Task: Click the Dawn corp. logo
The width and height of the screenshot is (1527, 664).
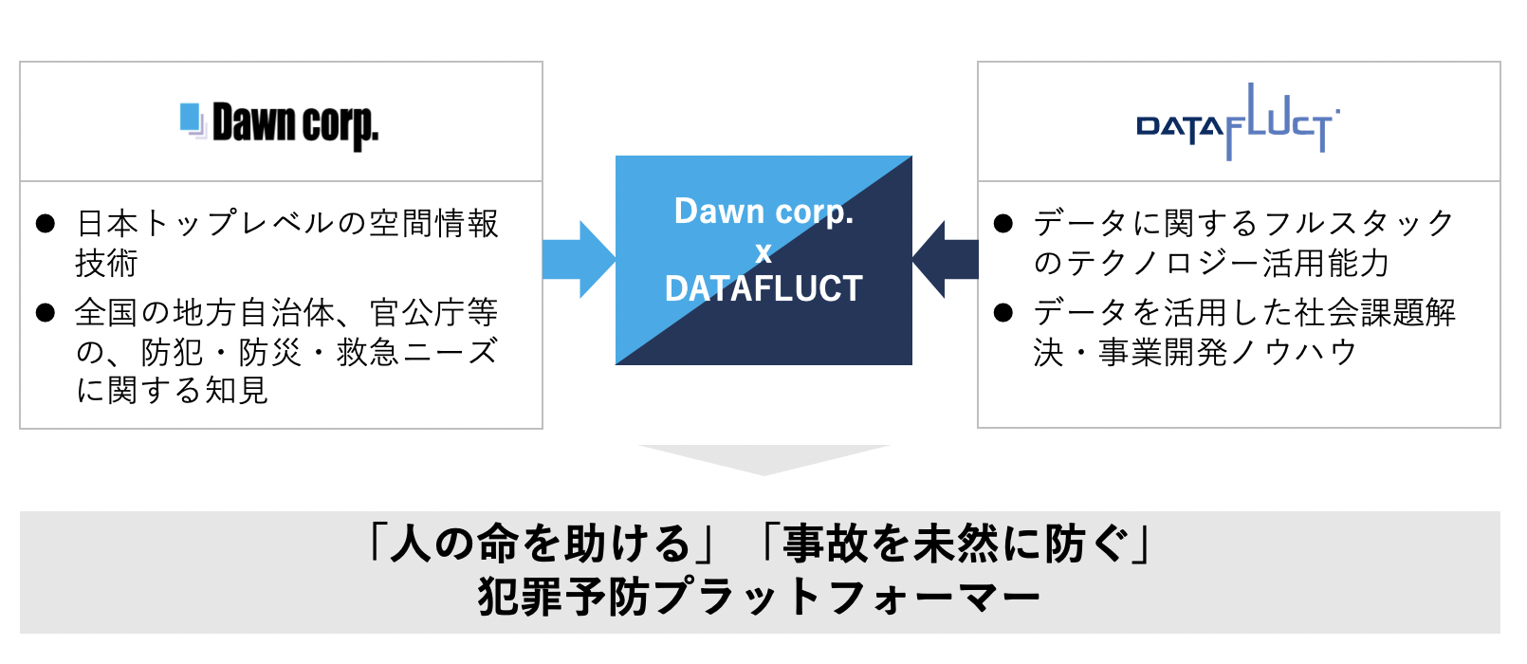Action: click(x=281, y=124)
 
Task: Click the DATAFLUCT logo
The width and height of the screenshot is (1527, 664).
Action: click(x=1238, y=124)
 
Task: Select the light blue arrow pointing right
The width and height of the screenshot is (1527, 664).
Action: click(x=578, y=260)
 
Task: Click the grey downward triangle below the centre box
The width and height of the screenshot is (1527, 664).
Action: click(x=764, y=458)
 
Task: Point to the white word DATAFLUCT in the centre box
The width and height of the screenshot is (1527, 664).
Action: click(x=763, y=288)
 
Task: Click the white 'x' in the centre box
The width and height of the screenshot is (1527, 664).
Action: click(x=763, y=252)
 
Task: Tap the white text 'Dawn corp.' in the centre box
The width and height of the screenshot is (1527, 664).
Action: click(x=763, y=212)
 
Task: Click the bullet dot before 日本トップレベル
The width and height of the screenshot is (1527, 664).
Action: click(x=46, y=224)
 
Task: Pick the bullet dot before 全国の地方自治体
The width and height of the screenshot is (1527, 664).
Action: click(x=46, y=312)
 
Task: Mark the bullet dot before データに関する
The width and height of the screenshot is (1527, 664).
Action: click(x=1003, y=224)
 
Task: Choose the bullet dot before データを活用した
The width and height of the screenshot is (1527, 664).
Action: click(x=1003, y=312)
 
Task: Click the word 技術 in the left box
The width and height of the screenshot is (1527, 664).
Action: click(x=107, y=263)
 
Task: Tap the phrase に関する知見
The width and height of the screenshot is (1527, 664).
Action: click(x=173, y=390)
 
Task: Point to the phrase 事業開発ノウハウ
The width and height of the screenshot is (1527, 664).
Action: click(x=1227, y=352)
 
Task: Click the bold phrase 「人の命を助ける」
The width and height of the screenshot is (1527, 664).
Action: click(x=542, y=544)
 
